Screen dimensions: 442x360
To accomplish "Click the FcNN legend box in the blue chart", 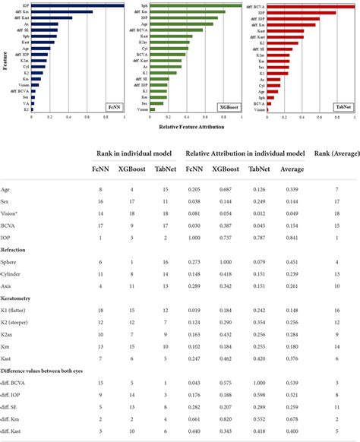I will (114, 108).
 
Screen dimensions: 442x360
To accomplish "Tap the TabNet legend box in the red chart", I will (343, 108).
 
